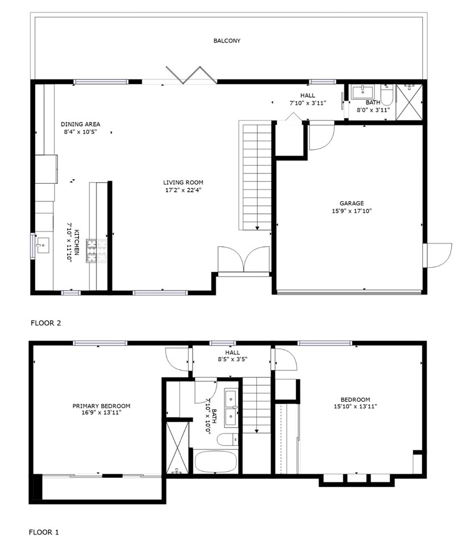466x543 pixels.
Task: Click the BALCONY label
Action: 227,41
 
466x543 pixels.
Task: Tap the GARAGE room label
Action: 351,203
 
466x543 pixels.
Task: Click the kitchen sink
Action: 42,245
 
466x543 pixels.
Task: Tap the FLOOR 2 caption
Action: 46,323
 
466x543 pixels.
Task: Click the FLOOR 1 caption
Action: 44,532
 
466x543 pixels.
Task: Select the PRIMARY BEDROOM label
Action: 101,406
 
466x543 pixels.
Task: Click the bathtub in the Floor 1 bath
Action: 215,461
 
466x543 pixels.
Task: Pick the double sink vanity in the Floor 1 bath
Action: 232,407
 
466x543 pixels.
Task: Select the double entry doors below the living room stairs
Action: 244,260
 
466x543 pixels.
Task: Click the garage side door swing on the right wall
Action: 438,255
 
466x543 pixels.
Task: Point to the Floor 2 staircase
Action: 257,176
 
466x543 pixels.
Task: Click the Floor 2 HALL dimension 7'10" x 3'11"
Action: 307,103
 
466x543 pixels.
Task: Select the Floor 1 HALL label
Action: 232,352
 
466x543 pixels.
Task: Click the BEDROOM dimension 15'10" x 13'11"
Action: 355,406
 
